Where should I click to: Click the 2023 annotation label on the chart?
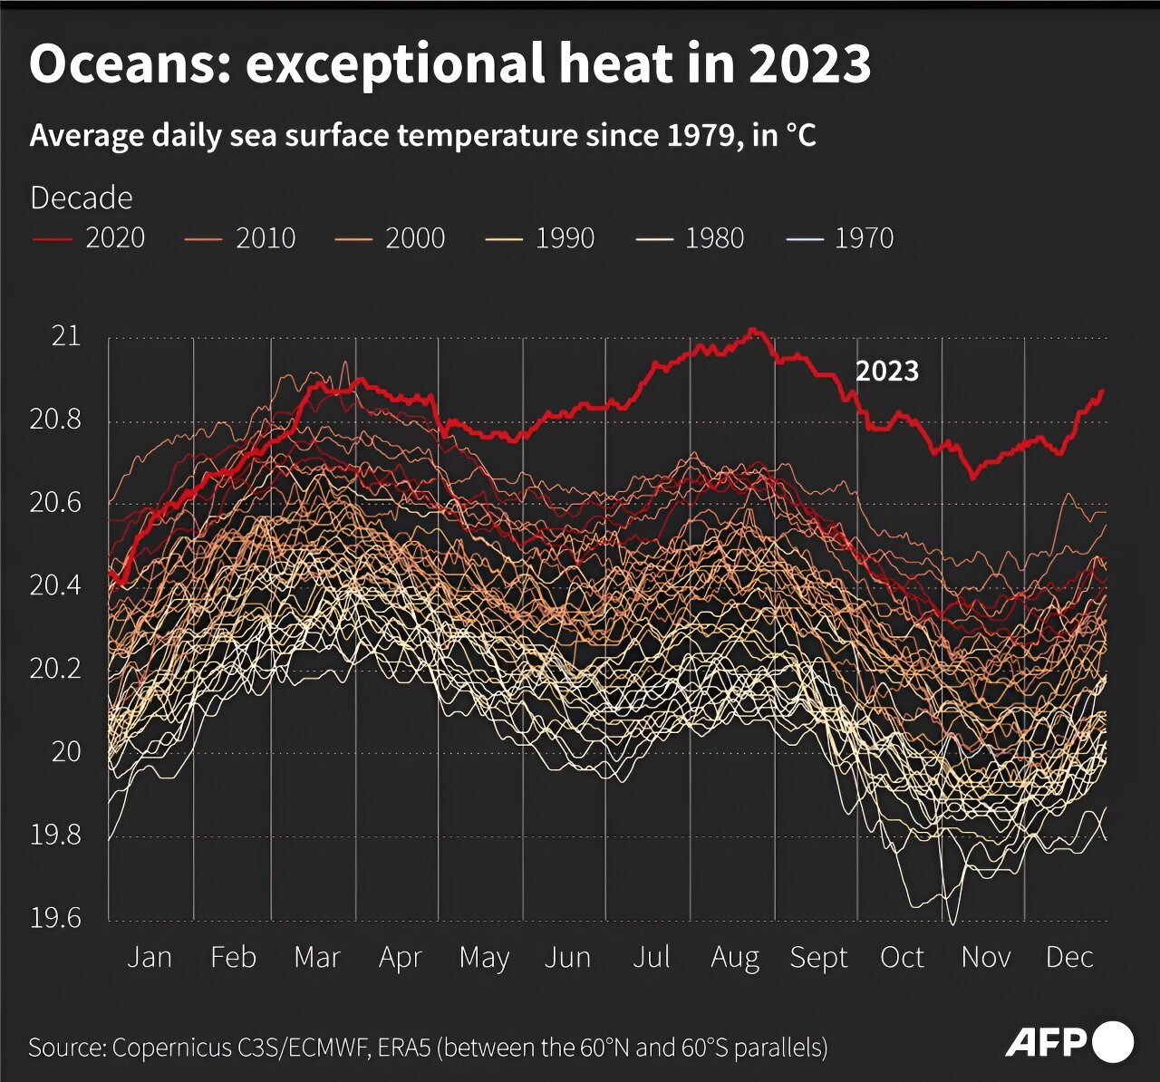(887, 371)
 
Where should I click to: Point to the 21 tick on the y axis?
(65, 336)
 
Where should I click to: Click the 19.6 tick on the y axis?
(55, 918)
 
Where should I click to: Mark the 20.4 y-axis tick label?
(55, 585)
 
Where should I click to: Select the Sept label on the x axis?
(818, 958)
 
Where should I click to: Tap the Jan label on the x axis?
(150, 958)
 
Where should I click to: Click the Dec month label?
(1069, 958)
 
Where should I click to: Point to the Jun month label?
(567, 958)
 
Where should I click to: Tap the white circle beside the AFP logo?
(1113, 1042)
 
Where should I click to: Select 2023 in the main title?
(809, 64)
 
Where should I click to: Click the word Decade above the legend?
(82, 198)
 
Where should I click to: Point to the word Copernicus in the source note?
(172, 1048)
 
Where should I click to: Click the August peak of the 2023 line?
(753, 331)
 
